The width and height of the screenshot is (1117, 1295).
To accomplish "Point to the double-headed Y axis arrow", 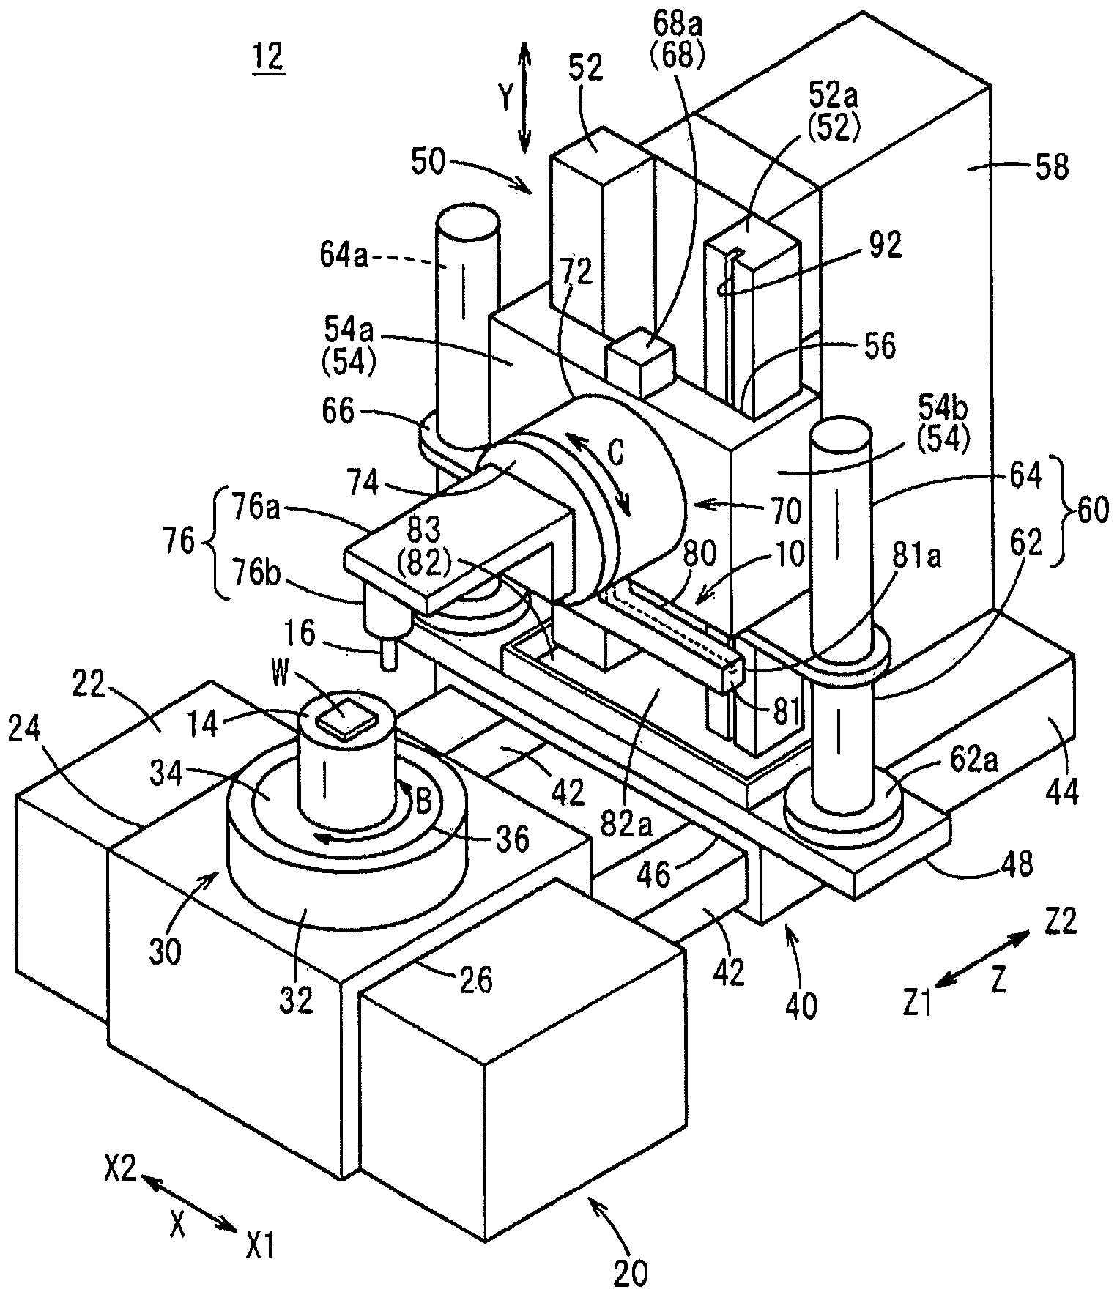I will tap(524, 97).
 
